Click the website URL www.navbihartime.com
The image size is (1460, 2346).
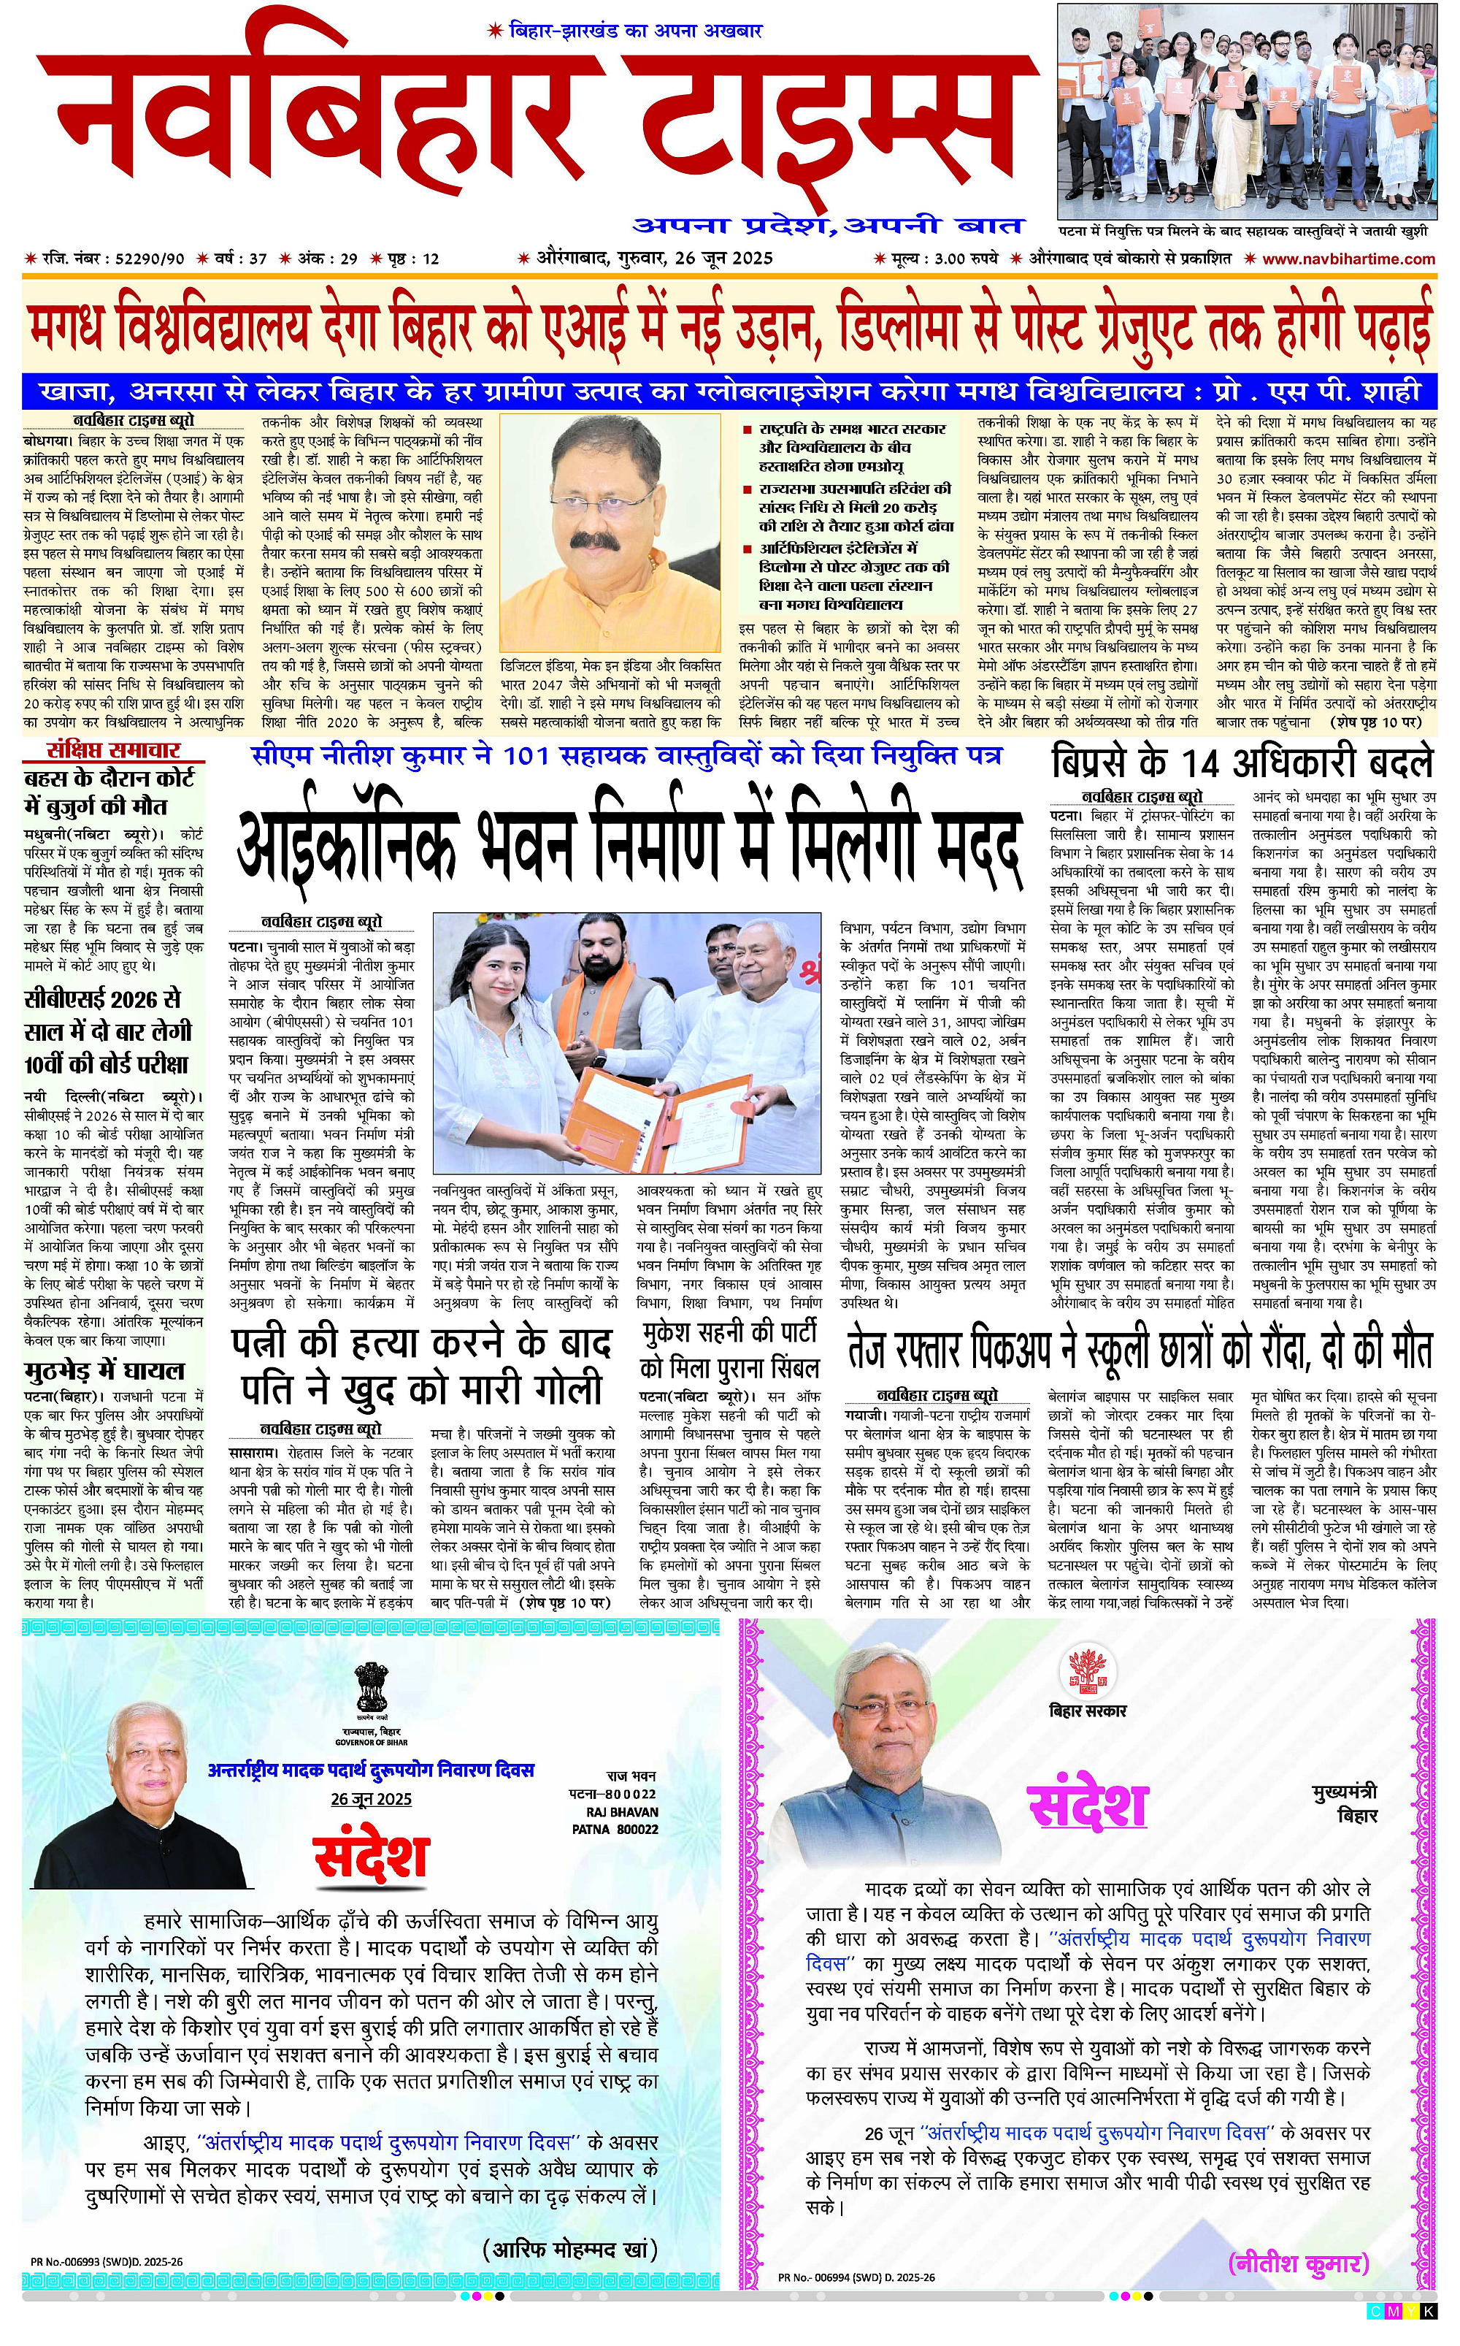[x=1349, y=259]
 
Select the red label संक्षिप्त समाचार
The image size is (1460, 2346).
[x=113, y=750]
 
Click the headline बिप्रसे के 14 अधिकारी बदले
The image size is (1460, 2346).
[x=1242, y=763]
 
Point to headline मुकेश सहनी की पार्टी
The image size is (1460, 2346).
[x=730, y=1333]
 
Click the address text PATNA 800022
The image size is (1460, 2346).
[x=615, y=1828]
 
